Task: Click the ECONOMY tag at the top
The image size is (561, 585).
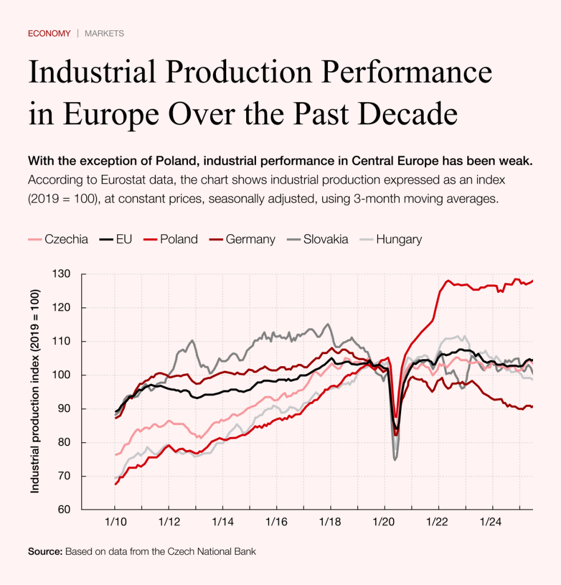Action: click(x=49, y=33)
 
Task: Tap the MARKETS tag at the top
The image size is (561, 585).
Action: click(x=104, y=33)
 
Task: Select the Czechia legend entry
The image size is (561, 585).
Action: click(x=58, y=239)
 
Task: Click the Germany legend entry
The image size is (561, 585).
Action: click(x=242, y=239)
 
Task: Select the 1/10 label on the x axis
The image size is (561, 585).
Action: click(x=115, y=522)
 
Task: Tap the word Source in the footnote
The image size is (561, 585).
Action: click(x=45, y=552)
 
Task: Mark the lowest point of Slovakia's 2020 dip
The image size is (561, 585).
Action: click(x=395, y=459)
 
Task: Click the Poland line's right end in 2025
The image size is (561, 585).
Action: click(x=532, y=281)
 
